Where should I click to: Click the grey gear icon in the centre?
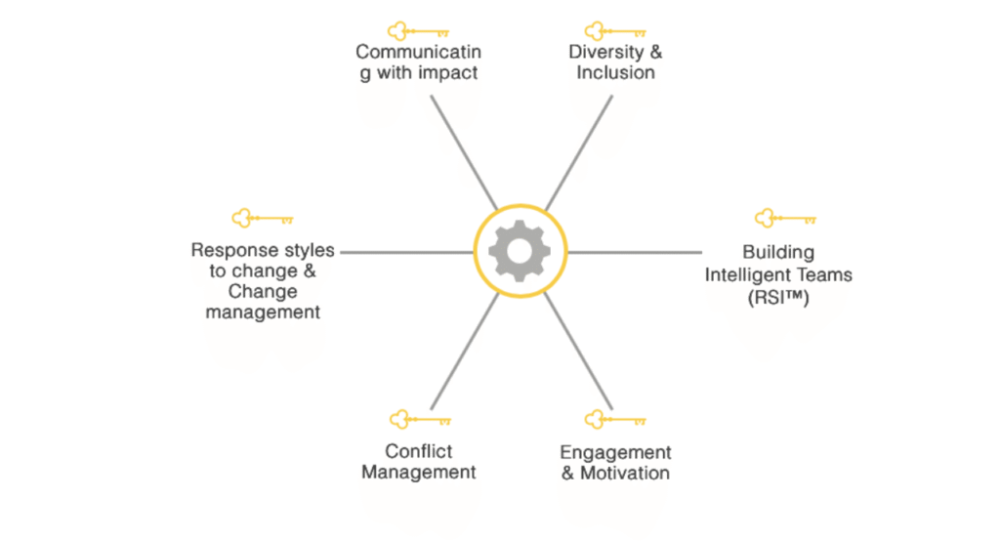coord(519,251)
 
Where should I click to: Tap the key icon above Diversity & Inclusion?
coord(613,30)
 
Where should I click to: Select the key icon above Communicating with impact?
coord(418,30)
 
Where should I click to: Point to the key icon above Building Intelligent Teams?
coord(785,219)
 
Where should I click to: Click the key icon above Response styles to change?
coord(262,219)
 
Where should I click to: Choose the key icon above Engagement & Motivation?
coord(615,420)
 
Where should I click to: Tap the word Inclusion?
coord(615,73)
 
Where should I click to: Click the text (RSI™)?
coord(777,295)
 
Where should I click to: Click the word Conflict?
coord(419,451)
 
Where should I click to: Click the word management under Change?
coord(263,312)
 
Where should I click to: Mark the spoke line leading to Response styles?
coord(406,252)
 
